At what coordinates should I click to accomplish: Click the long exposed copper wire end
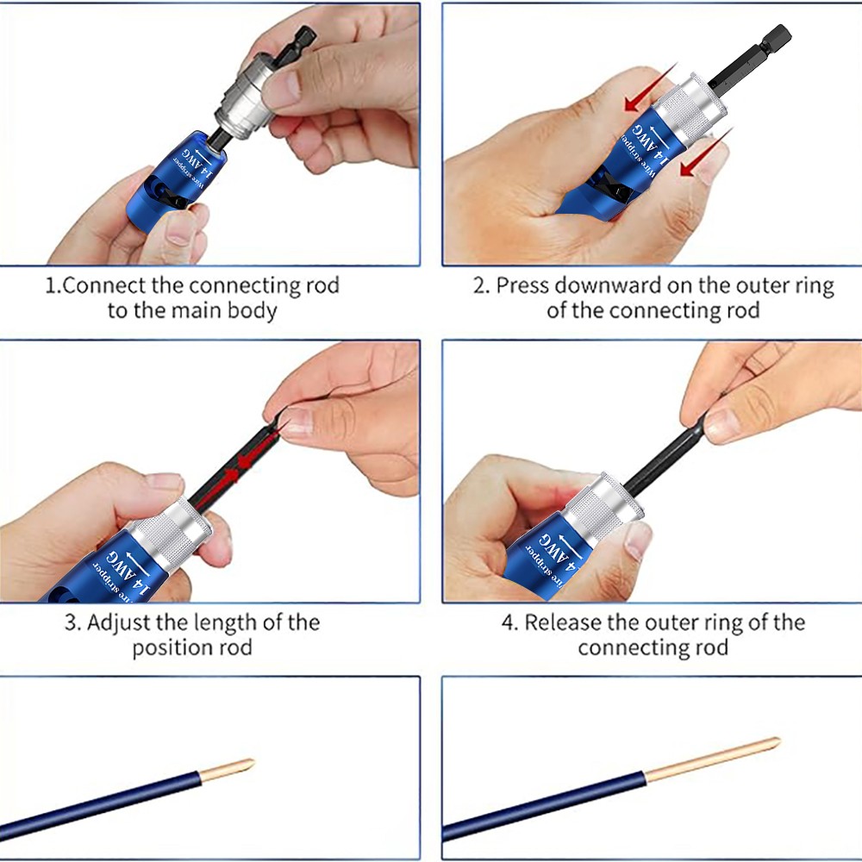pos(715,759)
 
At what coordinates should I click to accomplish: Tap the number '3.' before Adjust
pos(72,622)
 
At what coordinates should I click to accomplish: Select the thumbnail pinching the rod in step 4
pos(722,423)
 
